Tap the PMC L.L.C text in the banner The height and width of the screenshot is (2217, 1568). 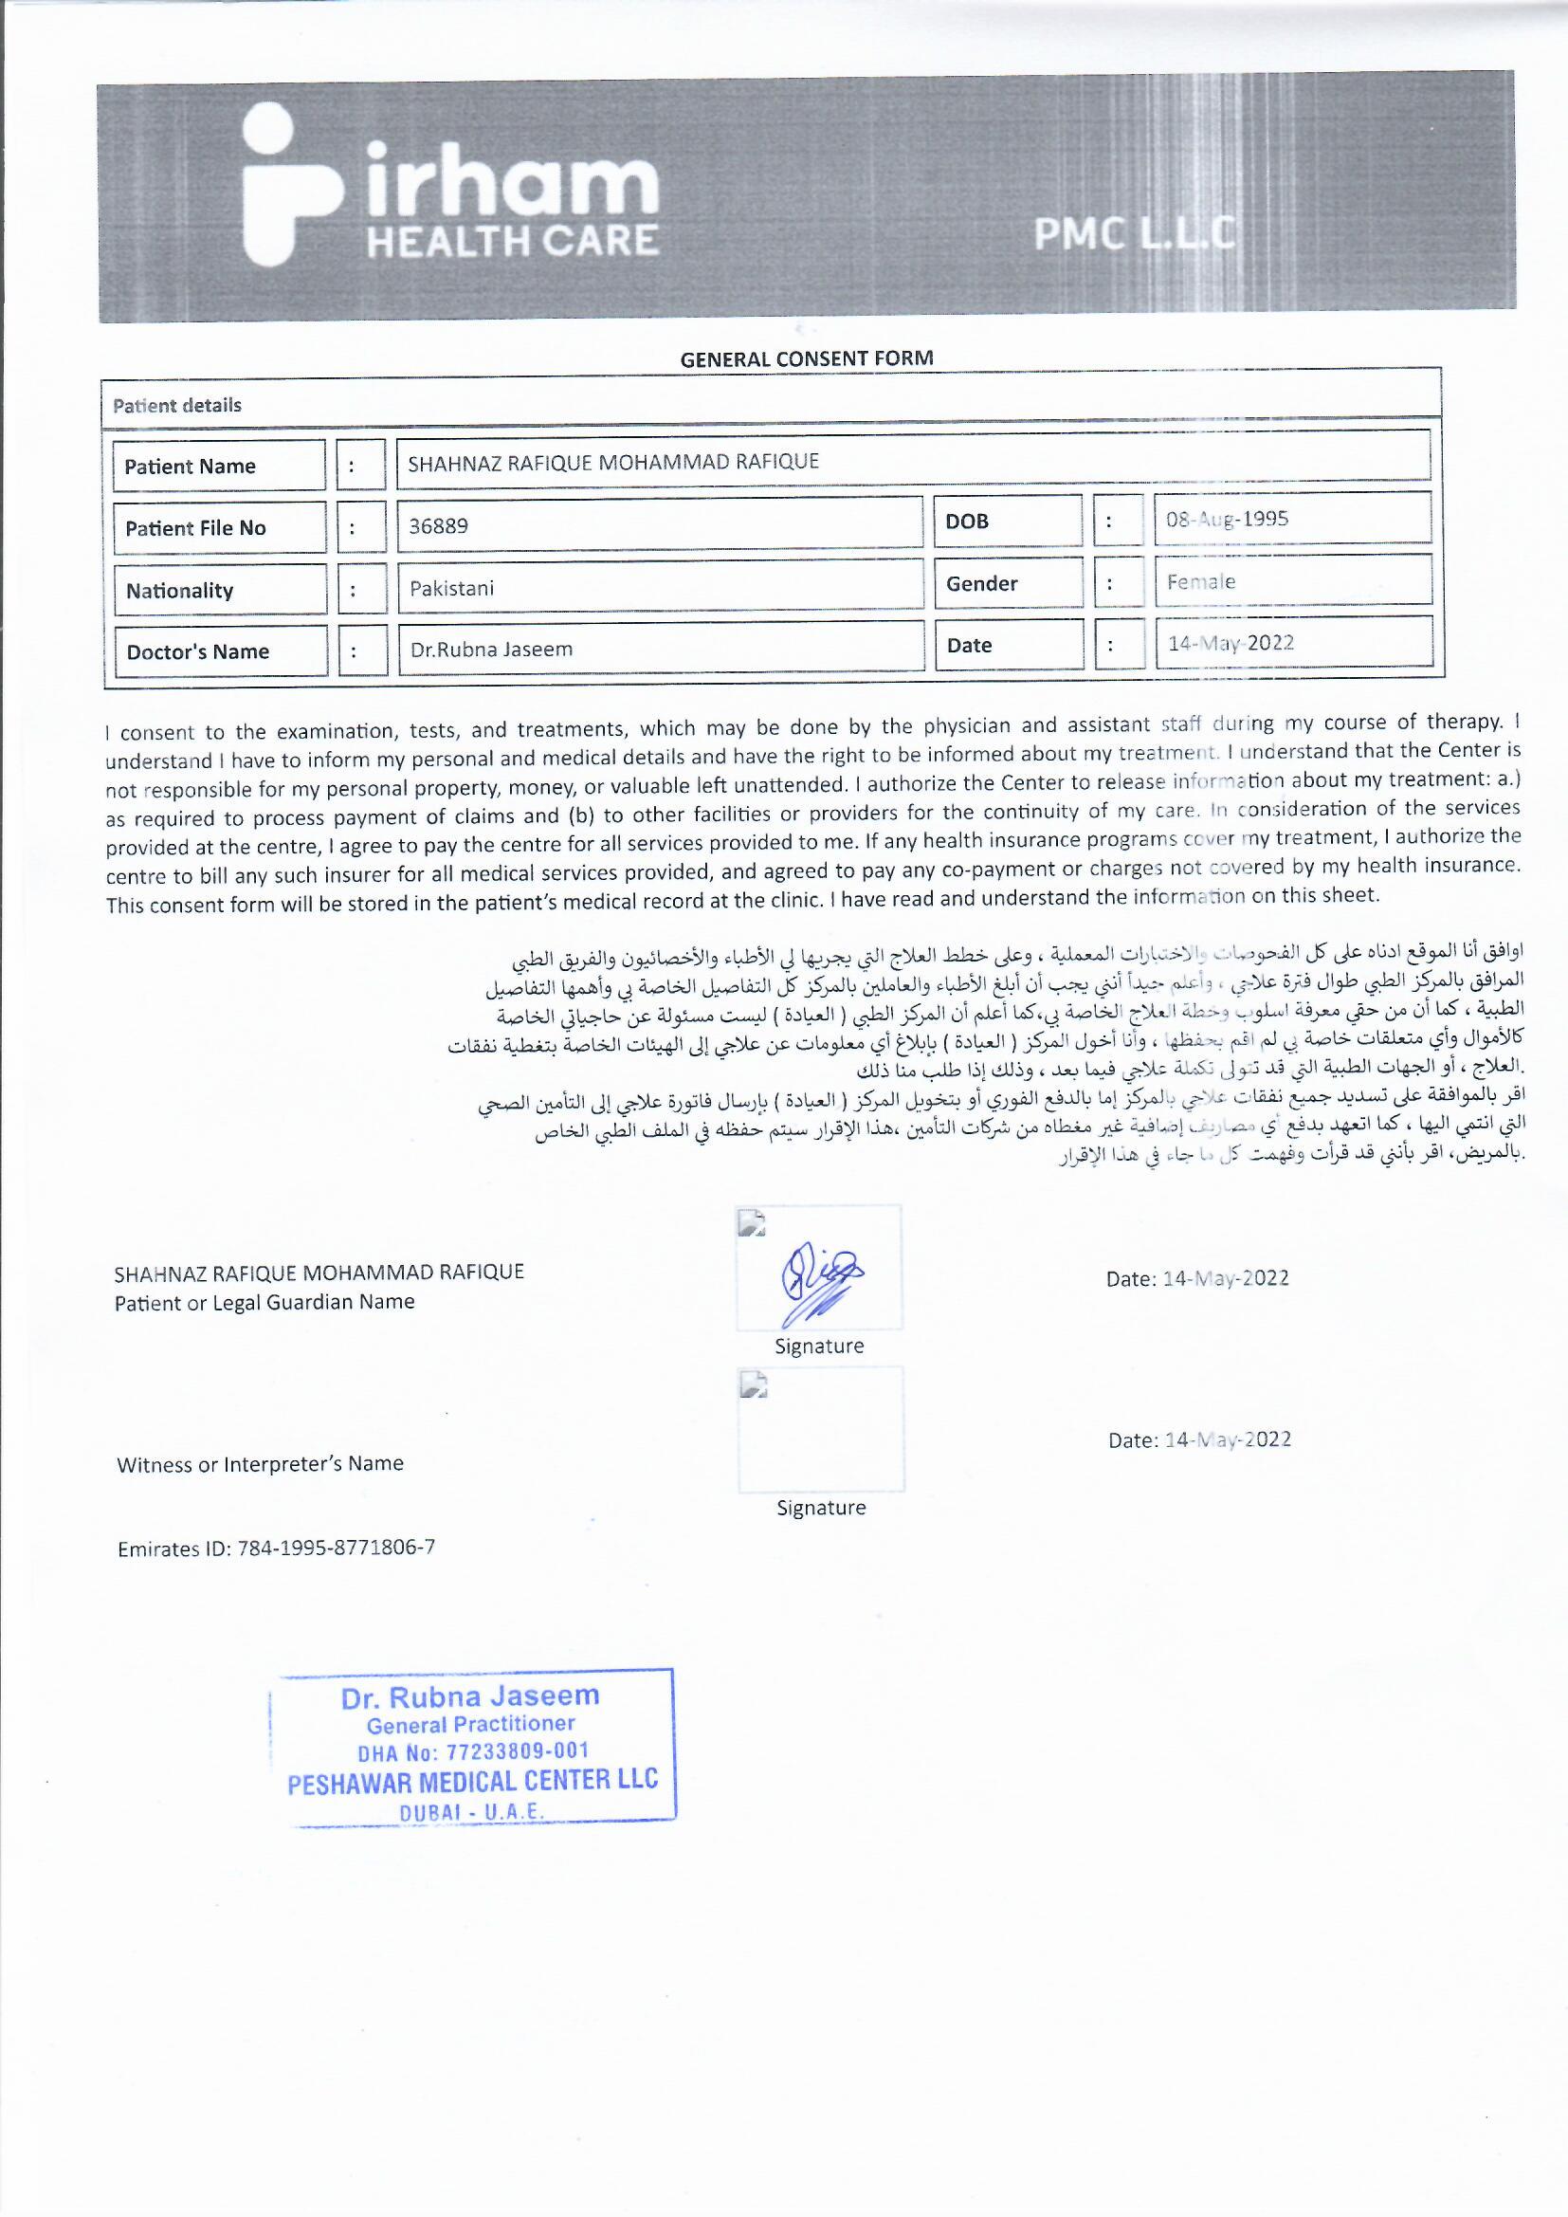tap(1134, 232)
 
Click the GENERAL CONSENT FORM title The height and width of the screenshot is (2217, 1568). tap(806, 359)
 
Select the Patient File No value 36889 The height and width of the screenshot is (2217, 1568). tap(438, 526)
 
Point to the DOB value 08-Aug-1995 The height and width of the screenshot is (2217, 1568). tap(1226, 520)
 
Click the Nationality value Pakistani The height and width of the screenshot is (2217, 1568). tap(451, 588)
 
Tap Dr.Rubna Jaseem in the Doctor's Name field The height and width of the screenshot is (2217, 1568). tap(490, 650)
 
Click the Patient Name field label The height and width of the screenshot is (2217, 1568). tap(191, 467)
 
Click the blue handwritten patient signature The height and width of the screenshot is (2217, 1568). tap(820, 1280)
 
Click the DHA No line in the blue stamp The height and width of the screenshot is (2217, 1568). tap(472, 1750)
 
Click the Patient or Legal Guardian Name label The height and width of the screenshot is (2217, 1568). tap(264, 1303)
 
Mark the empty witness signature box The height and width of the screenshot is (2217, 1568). tap(821, 1429)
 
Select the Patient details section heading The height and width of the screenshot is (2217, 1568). tap(176, 406)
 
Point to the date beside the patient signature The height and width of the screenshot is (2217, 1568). tap(1196, 1278)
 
